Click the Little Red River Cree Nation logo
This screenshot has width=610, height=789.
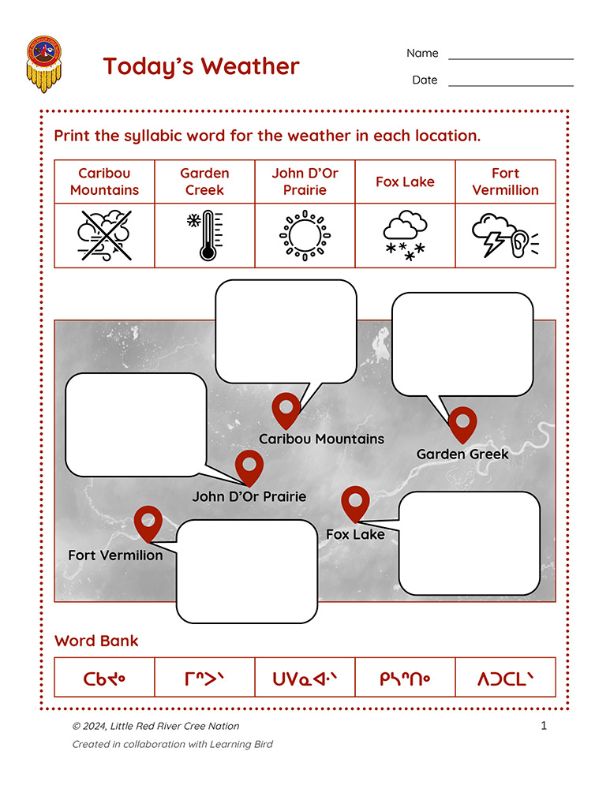pos(44,64)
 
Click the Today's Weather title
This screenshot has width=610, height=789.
pos(201,67)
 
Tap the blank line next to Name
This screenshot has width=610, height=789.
pos(511,59)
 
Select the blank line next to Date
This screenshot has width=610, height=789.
pos(511,85)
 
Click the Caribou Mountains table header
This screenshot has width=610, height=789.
pos(105,181)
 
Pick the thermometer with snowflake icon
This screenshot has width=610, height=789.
pos(205,235)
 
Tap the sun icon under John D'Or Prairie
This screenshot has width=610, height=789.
pos(305,235)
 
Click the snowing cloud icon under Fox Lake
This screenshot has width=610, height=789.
pos(405,235)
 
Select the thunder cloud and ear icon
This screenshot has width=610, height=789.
pos(505,235)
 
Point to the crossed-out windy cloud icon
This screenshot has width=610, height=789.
pos(105,235)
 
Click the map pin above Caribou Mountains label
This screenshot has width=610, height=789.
pos(286,410)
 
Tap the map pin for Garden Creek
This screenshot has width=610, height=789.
pos(462,425)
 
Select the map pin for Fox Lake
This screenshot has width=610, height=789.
pos(355,504)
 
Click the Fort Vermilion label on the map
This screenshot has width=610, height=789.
pos(116,555)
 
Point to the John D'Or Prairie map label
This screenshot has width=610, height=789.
pos(249,496)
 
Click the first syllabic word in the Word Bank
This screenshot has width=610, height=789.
pos(104,679)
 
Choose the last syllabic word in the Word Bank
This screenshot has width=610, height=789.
pos(505,679)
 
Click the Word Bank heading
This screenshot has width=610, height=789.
pos(96,641)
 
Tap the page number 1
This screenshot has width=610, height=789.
pos(544,726)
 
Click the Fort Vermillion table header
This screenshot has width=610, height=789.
pos(505,181)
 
